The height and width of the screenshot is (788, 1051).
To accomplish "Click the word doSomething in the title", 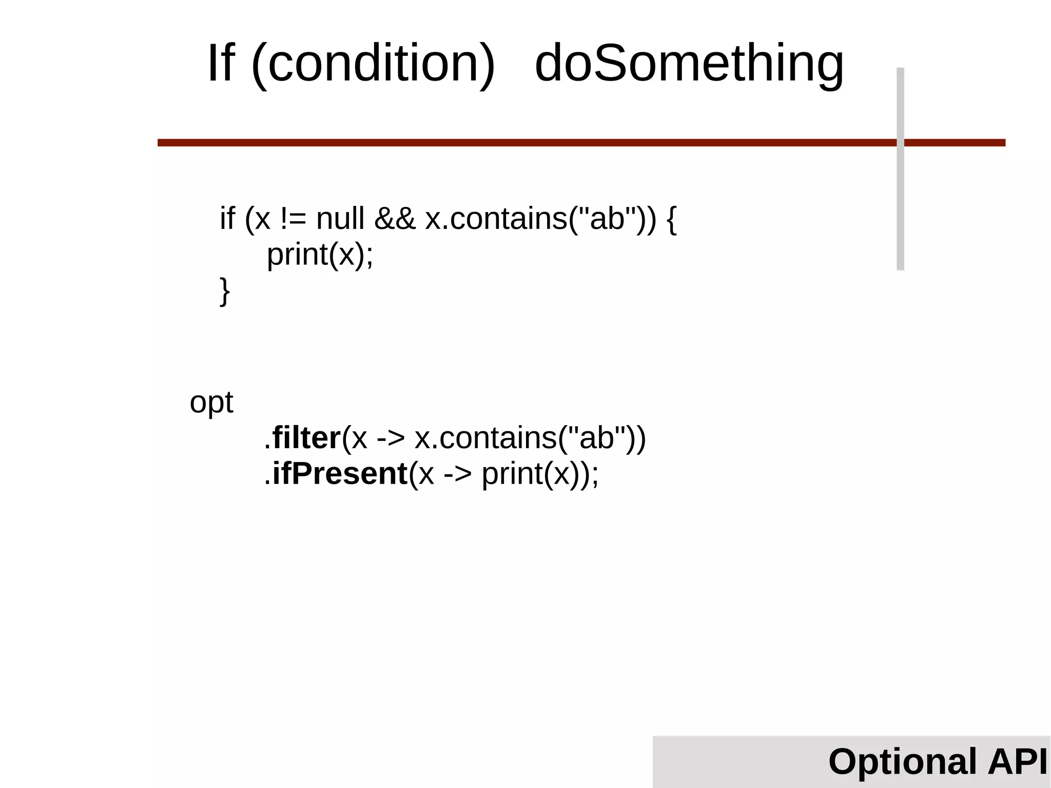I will coord(689,64).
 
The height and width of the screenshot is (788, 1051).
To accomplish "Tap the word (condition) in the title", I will coord(373,64).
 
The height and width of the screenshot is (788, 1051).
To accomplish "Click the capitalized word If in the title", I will coord(221,64).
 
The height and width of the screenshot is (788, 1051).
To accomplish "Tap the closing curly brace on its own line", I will coord(225,291).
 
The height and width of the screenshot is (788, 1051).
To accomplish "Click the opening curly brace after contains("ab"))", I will coord(671,219).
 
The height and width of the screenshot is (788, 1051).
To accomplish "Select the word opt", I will coord(211,402).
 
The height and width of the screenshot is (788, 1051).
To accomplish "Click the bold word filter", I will coord(306,438).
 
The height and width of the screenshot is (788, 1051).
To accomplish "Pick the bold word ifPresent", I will coord(340,473).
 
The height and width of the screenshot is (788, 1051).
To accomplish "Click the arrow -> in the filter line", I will coord(391,439).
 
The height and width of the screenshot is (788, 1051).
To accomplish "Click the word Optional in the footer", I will coord(902,761).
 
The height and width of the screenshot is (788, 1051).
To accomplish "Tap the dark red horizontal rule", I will coord(513,143).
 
